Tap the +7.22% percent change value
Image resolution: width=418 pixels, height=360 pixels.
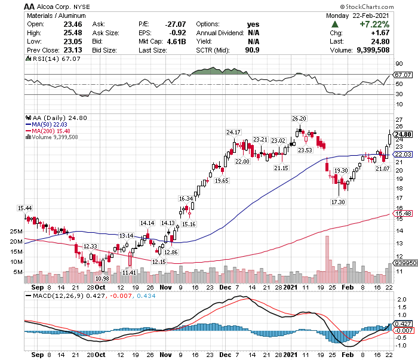[x=374, y=24]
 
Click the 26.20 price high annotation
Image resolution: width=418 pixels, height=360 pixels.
[x=299, y=119]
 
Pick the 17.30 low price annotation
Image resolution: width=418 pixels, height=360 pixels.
[x=338, y=202]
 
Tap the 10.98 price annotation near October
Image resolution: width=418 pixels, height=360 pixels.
[x=102, y=278]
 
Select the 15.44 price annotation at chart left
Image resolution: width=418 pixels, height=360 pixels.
[x=25, y=208]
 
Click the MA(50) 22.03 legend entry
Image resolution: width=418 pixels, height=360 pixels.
[x=47, y=124]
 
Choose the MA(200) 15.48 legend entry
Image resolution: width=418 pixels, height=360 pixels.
[x=48, y=131]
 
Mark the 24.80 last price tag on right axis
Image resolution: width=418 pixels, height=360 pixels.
[x=404, y=134]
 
